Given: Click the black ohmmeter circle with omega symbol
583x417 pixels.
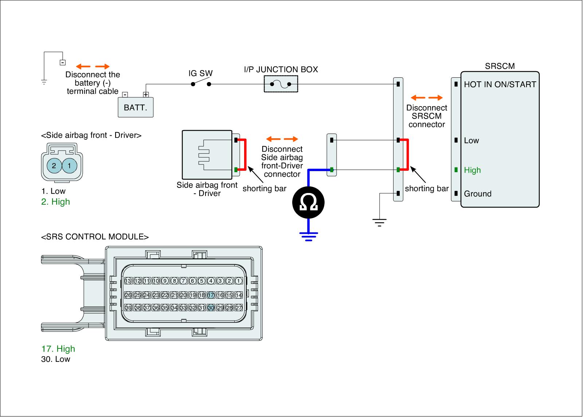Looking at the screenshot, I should pyautogui.click(x=308, y=203).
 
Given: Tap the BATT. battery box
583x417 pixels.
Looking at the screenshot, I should pyautogui.click(x=136, y=108).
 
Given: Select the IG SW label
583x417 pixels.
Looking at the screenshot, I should pyautogui.click(x=200, y=73).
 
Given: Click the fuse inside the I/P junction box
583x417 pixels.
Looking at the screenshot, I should pyautogui.click(x=281, y=84).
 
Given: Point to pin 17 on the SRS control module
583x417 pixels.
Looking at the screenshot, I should pyautogui.click(x=211, y=295).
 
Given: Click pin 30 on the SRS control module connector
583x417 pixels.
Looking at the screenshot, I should pyautogui.click(x=211, y=308).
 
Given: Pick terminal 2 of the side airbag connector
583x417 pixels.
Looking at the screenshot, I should pyautogui.click(x=54, y=166).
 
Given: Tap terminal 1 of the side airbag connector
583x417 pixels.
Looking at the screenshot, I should pyautogui.click(x=70, y=166).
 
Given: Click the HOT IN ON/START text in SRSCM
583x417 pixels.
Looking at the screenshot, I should pyautogui.click(x=500, y=85).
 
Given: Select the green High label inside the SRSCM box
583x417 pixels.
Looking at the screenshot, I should pyautogui.click(x=472, y=170).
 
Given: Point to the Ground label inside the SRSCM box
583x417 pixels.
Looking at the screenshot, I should pyautogui.click(x=477, y=194).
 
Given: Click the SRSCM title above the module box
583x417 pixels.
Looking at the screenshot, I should pyautogui.click(x=500, y=66).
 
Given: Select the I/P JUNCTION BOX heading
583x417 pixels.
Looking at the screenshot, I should pyautogui.click(x=281, y=69).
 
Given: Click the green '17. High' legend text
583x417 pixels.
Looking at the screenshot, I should pyautogui.click(x=58, y=349).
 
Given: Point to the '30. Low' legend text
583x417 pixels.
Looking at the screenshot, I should pyautogui.click(x=56, y=359).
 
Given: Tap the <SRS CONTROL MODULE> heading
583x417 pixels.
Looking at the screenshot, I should pyautogui.click(x=95, y=237).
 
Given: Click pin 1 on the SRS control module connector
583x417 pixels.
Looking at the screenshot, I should pyautogui.click(x=239, y=281).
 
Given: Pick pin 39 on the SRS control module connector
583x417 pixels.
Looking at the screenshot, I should pyautogui.click(x=128, y=308).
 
